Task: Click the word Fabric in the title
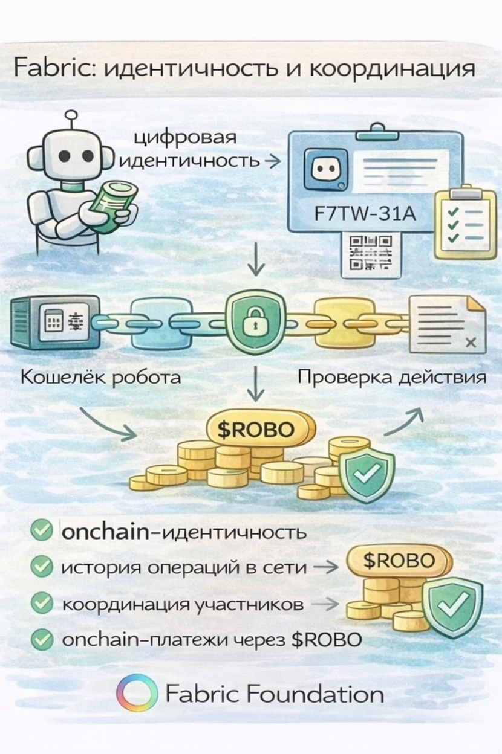coord(53,68)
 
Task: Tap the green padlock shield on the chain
coord(253,320)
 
